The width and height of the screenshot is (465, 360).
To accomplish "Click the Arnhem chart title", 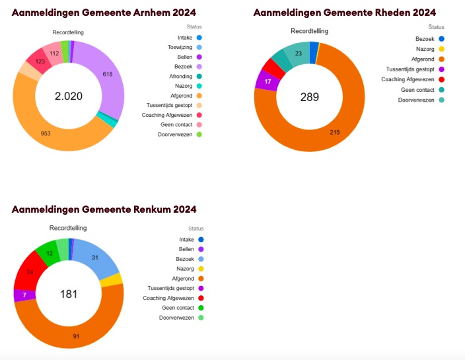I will (x=104, y=13).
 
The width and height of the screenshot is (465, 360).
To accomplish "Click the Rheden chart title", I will (x=345, y=13).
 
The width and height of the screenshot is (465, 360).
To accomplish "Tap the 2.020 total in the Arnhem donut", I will (x=69, y=96).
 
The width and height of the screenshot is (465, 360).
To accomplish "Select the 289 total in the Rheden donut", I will (x=309, y=97).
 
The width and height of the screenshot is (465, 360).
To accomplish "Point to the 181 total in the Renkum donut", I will (x=69, y=294).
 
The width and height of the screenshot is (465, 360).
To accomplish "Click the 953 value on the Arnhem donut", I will (x=46, y=133).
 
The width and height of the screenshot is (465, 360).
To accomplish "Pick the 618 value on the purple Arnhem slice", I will (x=107, y=75).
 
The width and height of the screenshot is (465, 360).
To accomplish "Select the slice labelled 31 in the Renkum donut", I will (x=95, y=258).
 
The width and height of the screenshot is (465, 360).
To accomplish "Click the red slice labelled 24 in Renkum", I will (x=30, y=271).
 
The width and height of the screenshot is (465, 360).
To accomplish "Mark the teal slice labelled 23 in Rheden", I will (x=299, y=54).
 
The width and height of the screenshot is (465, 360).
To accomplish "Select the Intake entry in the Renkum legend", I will (x=186, y=239).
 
